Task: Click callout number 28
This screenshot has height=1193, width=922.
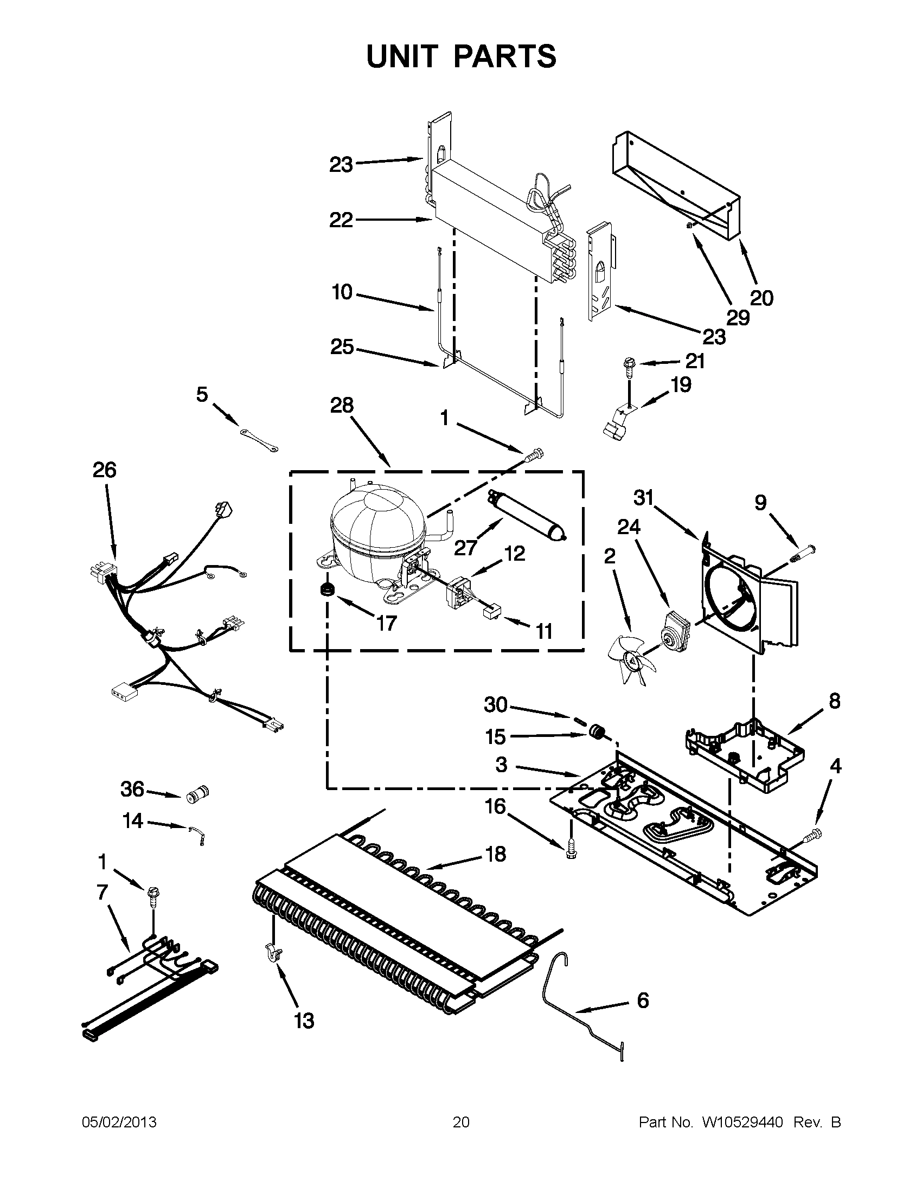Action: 341,405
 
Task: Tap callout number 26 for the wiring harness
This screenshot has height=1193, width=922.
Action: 104,470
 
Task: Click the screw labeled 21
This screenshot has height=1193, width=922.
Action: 629,364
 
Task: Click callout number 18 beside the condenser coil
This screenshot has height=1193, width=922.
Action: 495,854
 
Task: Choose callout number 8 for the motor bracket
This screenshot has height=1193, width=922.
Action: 834,701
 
